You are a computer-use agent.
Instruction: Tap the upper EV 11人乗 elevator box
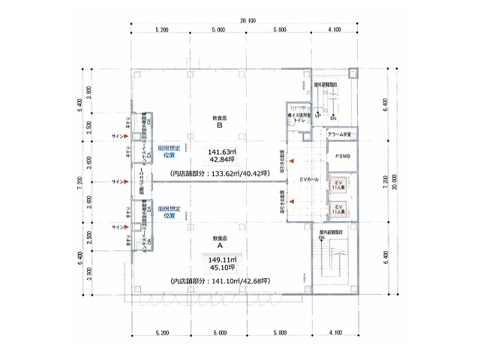pyautogui.click(x=338, y=185)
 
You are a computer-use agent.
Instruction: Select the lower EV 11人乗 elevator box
pyautogui.click(x=338, y=208)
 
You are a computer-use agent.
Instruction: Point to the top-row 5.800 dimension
pyautogui.click(x=280, y=30)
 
